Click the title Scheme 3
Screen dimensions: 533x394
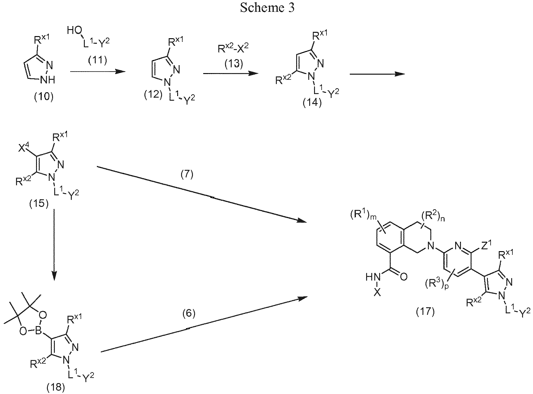point(267,8)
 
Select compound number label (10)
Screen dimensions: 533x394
point(44,97)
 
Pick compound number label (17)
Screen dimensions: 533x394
point(425,311)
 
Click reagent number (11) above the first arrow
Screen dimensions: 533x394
point(98,61)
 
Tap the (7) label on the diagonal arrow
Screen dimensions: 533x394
point(187,175)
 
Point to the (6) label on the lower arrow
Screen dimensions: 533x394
point(189,314)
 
